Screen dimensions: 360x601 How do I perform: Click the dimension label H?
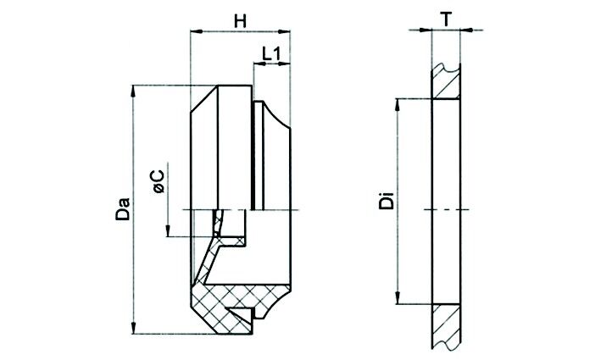point(240,21)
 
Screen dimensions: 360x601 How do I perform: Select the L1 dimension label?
point(272,53)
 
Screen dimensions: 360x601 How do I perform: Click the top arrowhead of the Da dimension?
point(135,90)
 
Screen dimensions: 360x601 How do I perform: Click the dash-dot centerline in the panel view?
point(447,208)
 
